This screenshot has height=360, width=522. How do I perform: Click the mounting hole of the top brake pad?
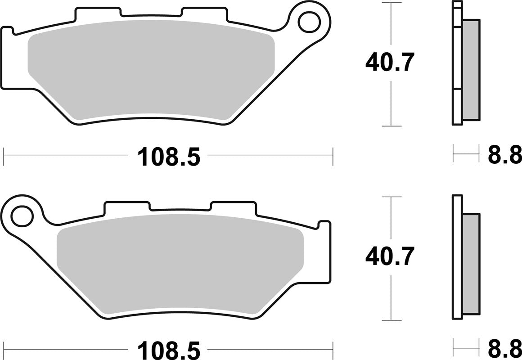point(310,20)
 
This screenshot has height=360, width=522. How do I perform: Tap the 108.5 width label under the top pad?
point(168,157)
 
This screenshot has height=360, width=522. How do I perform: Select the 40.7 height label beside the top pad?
point(389,63)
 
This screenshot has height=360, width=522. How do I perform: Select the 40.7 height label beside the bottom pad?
point(389,256)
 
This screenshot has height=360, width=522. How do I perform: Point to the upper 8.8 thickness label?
point(504,155)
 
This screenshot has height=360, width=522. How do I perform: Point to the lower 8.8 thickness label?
point(504,349)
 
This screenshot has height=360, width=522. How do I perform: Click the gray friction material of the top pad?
point(151,70)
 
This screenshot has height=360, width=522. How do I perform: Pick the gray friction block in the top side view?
point(471,70)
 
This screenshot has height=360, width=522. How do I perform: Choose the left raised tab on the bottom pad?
point(127,207)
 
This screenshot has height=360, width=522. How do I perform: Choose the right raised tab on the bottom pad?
point(233,207)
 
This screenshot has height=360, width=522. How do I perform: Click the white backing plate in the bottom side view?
point(457,256)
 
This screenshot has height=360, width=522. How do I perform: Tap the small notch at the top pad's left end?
point(8,31)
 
